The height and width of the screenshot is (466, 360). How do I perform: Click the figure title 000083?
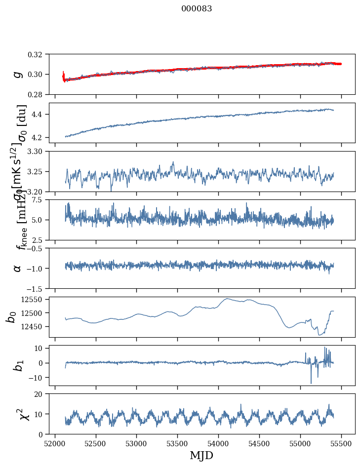[197, 8]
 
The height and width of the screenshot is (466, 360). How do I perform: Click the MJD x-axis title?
[201, 455]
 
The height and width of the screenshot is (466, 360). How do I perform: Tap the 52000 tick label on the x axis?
[55, 442]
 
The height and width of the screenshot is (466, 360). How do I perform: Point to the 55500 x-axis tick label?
[342, 442]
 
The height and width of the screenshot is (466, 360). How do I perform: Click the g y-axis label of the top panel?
[18, 74]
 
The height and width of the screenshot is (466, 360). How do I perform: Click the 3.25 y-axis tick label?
[38, 171]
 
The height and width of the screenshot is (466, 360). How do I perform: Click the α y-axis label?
[18, 268]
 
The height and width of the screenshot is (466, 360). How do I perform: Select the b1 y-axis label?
[18, 365]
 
